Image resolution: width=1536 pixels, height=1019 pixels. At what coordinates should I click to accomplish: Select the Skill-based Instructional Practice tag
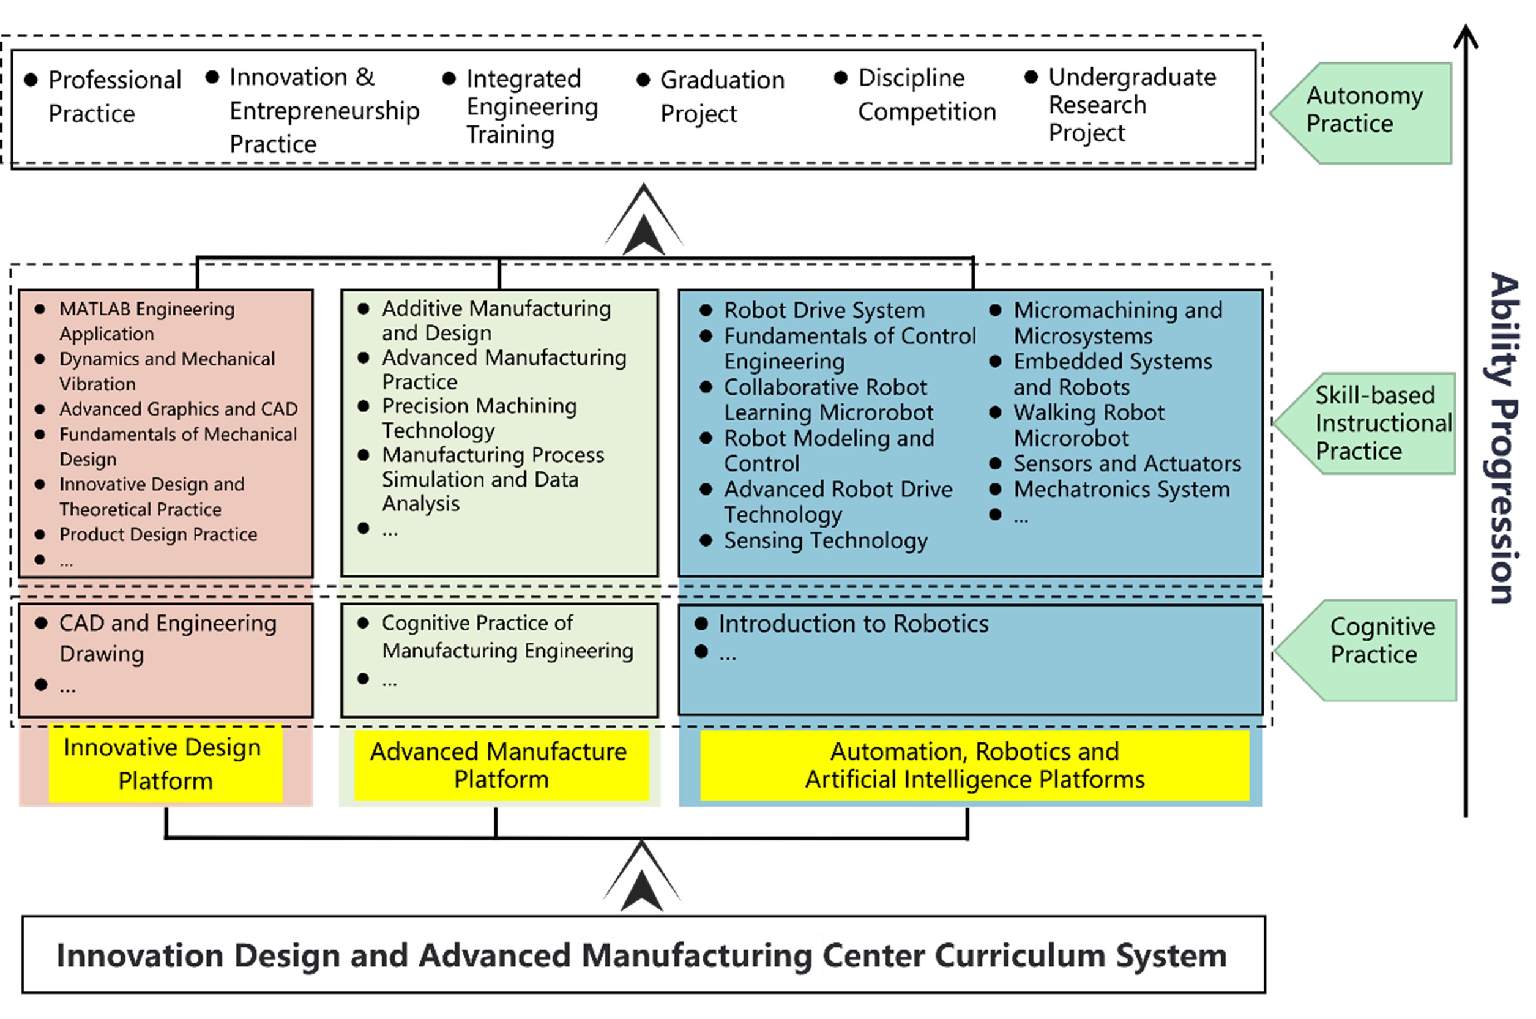pyautogui.click(x=1371, y=423)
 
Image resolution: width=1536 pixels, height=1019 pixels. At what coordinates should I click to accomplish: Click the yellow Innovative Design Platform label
pyautogui.click(x=165, y=764)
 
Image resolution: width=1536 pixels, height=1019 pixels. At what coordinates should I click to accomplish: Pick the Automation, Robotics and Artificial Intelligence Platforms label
pyautogui.click(x=974, y=766)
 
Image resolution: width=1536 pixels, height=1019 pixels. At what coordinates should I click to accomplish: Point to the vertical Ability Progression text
pyautogui.click(x=1503, y=439)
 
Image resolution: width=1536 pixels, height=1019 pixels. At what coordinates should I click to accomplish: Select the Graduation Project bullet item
pyautogui.click(x=721, y=96)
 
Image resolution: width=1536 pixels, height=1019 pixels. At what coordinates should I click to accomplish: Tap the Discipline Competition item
pyautogui.click(x=926, y=95)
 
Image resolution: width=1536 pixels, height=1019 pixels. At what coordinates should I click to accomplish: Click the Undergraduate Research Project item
pyautogui.click(x=1130, y=105)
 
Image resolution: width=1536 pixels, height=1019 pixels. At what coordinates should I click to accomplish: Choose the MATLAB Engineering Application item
pyautogui.click(x=146, y=321)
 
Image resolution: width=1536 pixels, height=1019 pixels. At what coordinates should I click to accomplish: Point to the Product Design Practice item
pyautogui.click(x=158, y=534)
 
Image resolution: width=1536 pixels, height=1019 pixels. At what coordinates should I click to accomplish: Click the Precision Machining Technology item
pyautogui.click(x=479, y=418)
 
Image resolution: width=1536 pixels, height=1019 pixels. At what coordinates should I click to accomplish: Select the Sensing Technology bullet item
pyautogui.click(x=825, y=540)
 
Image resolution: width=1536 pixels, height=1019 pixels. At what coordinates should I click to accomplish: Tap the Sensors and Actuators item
pyautogui.click(x=1127, y=464)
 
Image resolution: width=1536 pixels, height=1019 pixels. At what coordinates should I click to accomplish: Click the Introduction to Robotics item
pyautogui.click(x=852, y=624)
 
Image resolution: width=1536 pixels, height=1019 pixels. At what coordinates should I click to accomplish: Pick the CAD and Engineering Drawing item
pyautogui.click(x=167, y=638)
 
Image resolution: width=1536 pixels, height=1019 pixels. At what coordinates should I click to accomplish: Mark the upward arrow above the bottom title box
pyautogui.click(x=642, y=878)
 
